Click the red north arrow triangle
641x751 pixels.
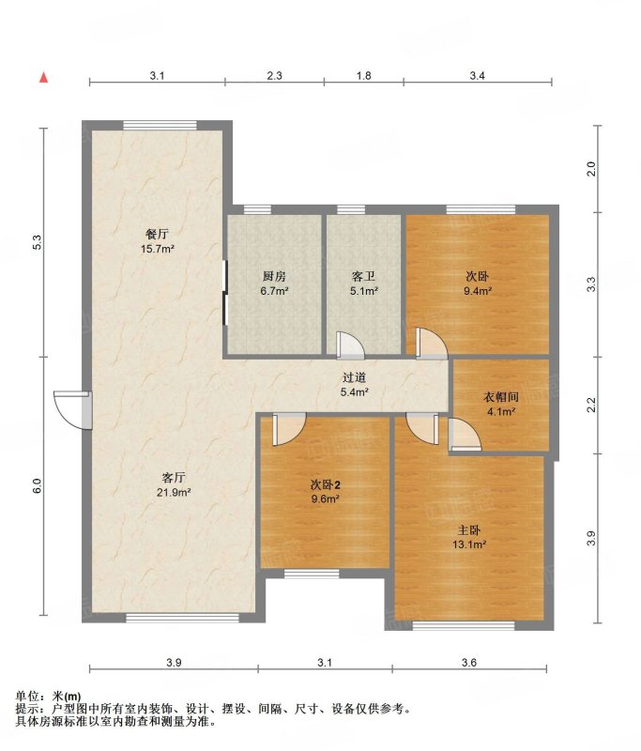[x=43, y=77]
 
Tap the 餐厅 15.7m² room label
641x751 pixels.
[x=157, y=241]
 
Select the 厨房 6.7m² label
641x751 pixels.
[x=274, y=284]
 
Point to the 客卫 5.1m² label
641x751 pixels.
[x=364, y=284]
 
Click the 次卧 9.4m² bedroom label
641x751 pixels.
[x=478, y=284]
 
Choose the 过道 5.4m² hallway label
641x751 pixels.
[x=354, y=385]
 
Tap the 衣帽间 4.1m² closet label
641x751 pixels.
[x=501, y=404]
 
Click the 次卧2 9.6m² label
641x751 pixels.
[x=325, y=491]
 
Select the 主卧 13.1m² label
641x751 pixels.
[x=469, y=537]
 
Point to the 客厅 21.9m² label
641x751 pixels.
[x=174, y=484]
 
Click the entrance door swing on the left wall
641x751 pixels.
[x=73, y=410]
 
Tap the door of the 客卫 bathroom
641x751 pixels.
[x=350, y=345]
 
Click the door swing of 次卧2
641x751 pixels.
[x=289, y=430]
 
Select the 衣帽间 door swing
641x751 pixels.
[x=465, y=434]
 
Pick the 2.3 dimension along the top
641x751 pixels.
[x=274, y=75]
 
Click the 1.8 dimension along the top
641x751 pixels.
[x=364, y=75]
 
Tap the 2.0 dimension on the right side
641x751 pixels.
[x=591, y=169]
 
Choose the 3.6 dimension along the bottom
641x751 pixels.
[x=469, y=663]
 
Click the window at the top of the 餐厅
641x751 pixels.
[x=160, y=125]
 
